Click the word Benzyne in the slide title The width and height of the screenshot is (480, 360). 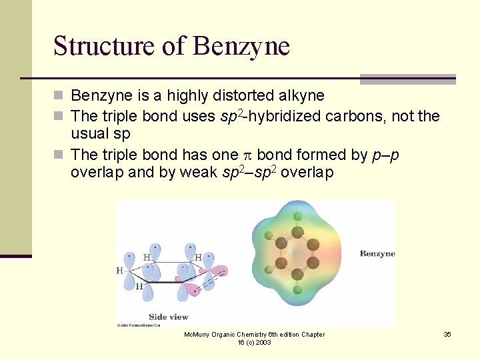point(241,47)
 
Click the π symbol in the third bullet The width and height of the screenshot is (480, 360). point(245,155)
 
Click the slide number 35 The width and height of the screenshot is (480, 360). point(447,334)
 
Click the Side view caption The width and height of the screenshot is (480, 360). point(168,317)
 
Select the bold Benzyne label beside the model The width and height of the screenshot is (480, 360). point(377,253)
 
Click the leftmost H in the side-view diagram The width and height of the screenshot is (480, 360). point(120,271)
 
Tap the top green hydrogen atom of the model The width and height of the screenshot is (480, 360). point(297,216)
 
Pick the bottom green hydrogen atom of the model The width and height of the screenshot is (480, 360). point(297,289)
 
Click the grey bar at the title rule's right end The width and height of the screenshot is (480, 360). point(407,79)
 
